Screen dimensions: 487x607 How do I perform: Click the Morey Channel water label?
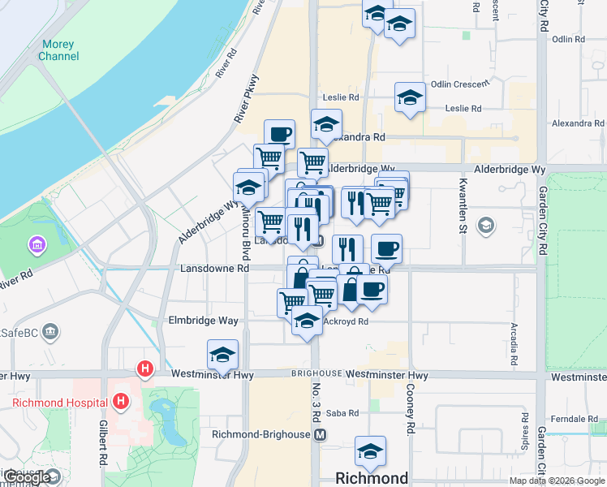point(58,50)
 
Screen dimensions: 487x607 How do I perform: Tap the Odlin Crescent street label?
point(460,84)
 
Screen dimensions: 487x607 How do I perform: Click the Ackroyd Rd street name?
point(346,321)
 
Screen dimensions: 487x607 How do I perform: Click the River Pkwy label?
point(246,99)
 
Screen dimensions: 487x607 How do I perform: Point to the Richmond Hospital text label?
point(59,403)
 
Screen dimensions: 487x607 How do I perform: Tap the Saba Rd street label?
point(342,413)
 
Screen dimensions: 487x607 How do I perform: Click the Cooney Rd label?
point(411,410)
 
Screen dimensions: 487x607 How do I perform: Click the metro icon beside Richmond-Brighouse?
point(321,434)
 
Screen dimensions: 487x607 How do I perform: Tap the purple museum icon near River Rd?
point(37,244)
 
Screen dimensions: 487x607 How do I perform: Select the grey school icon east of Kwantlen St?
point(486,225)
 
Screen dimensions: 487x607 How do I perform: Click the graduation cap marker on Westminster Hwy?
point(222,354)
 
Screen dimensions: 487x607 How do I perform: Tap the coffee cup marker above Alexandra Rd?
point(279,134)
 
